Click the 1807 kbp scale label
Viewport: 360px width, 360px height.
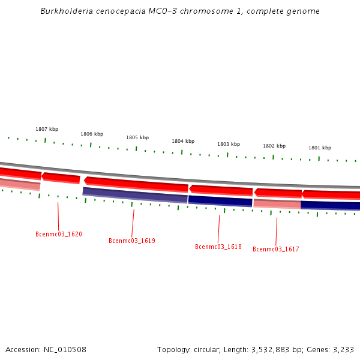tap(47, 129)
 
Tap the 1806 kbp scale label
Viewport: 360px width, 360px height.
tap(92, 134)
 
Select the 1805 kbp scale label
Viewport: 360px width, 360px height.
tap(137, 137)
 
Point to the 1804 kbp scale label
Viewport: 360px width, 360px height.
tap(183, 141)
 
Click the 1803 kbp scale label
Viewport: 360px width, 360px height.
tap(229, 144)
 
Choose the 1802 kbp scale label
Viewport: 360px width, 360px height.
tap(274, 146)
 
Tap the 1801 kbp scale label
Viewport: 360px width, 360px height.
tap(320, 148)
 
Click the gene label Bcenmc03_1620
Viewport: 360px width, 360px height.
tap(59, 234)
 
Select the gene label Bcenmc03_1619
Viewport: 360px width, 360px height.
tap(132, 241)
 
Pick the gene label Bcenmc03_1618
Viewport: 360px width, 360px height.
tap(218, 247)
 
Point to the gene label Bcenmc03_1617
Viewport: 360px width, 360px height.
tap(276, 249)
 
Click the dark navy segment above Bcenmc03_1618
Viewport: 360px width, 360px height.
tap(220, 200)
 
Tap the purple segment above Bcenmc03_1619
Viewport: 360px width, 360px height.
tap(135, 194)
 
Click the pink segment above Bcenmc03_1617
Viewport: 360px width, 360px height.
tap(277, 204)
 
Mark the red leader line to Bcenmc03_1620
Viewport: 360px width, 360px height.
tap(58, 216)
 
